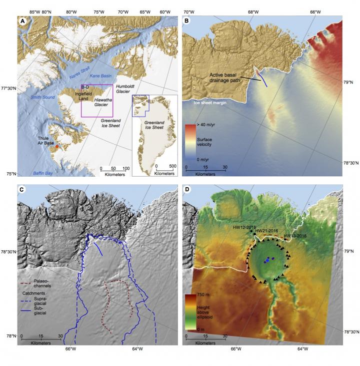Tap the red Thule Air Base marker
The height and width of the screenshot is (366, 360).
(x=56, y=147)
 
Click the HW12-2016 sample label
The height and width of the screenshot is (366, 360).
(x=244, y=227)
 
